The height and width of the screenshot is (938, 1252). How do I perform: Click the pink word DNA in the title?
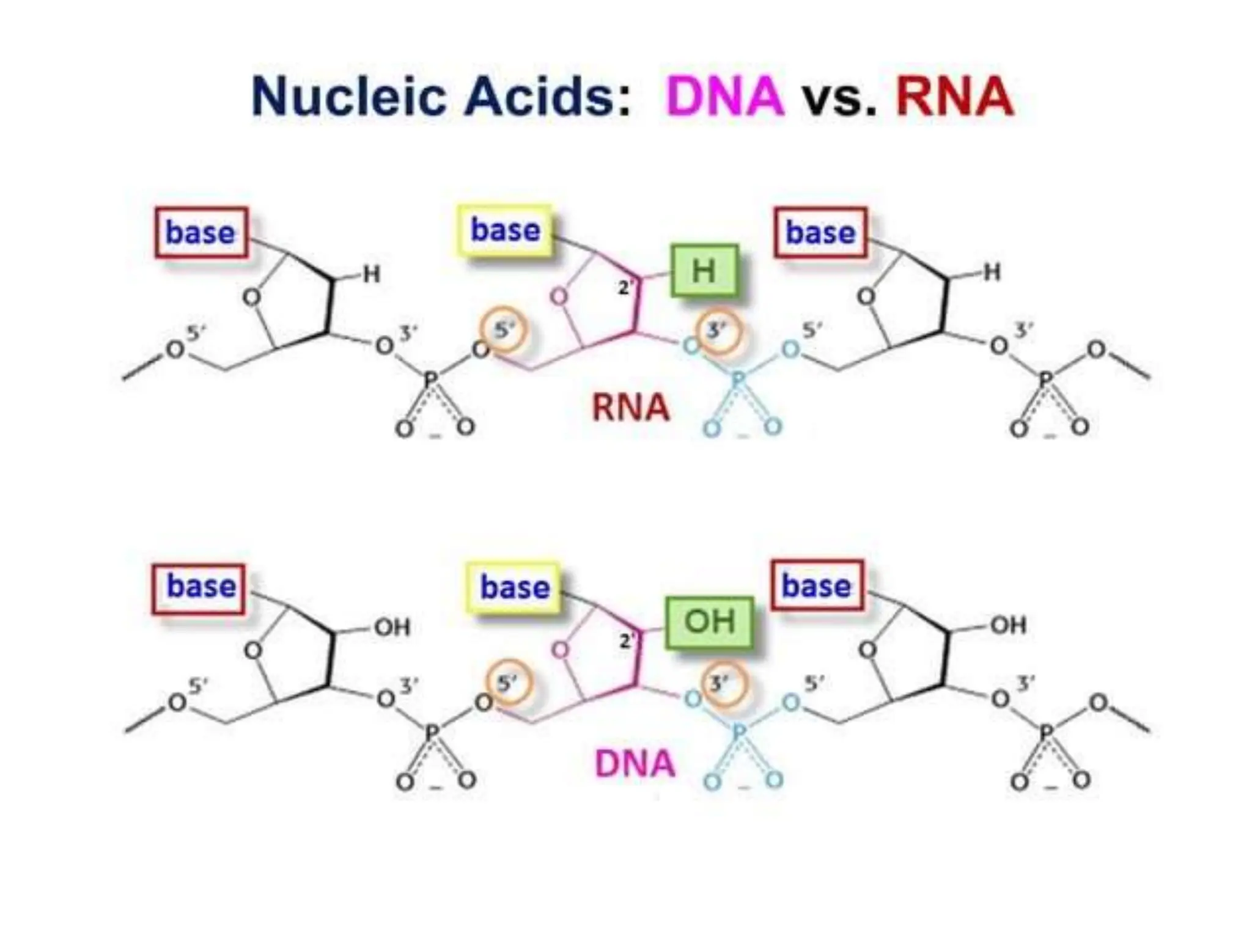point(724,97)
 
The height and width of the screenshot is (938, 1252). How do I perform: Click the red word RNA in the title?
point(954,97)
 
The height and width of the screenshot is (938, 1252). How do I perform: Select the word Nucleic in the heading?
point(348,97)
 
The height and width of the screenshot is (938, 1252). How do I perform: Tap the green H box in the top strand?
point(704,271)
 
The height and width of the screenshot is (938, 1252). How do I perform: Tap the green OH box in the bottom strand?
point(709,621)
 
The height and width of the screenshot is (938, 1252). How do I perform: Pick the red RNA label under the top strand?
point(630,408)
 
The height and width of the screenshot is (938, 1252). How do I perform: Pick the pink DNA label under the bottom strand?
point(635,764)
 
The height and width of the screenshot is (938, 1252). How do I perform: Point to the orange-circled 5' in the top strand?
point(504,330)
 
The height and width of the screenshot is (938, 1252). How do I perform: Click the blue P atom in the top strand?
point(738,380)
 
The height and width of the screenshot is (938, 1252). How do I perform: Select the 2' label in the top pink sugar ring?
point(625,287)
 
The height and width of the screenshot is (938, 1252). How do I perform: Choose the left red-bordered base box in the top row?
point(201,233)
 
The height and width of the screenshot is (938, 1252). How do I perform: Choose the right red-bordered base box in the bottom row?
point(817,585)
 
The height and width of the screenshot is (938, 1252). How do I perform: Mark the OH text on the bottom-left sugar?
point(392,628)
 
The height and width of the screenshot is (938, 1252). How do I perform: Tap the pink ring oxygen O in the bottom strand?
point(561,650)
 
